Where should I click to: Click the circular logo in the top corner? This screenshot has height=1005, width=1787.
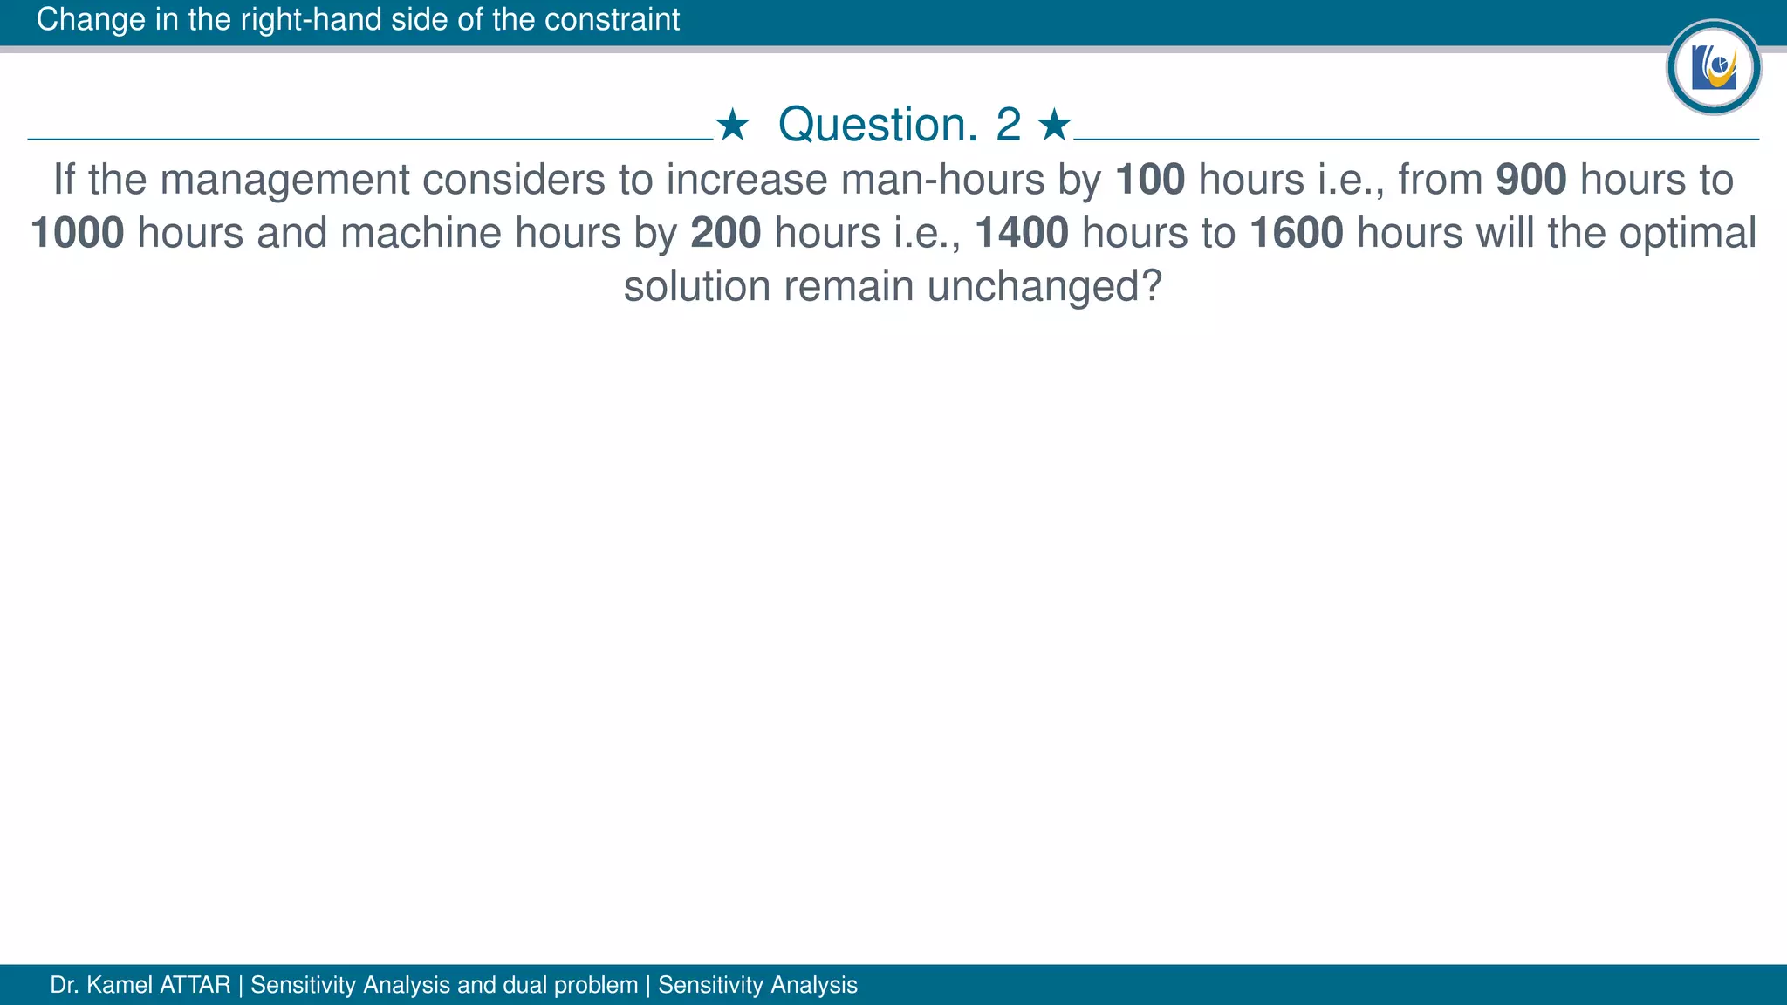1713,67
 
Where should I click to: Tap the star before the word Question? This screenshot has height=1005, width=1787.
732,126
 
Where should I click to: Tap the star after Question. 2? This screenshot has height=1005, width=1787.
1054,126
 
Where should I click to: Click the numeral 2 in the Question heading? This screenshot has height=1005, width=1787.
1008,125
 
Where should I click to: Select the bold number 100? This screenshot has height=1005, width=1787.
1150,180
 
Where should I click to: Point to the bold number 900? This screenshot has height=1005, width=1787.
1531,180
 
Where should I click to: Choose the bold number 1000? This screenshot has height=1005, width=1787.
78,233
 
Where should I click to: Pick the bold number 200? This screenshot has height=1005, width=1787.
726,233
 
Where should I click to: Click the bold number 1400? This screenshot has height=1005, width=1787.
1022,233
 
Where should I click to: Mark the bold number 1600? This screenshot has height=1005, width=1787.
1297,233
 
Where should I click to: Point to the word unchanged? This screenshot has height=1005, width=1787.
1044,287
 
